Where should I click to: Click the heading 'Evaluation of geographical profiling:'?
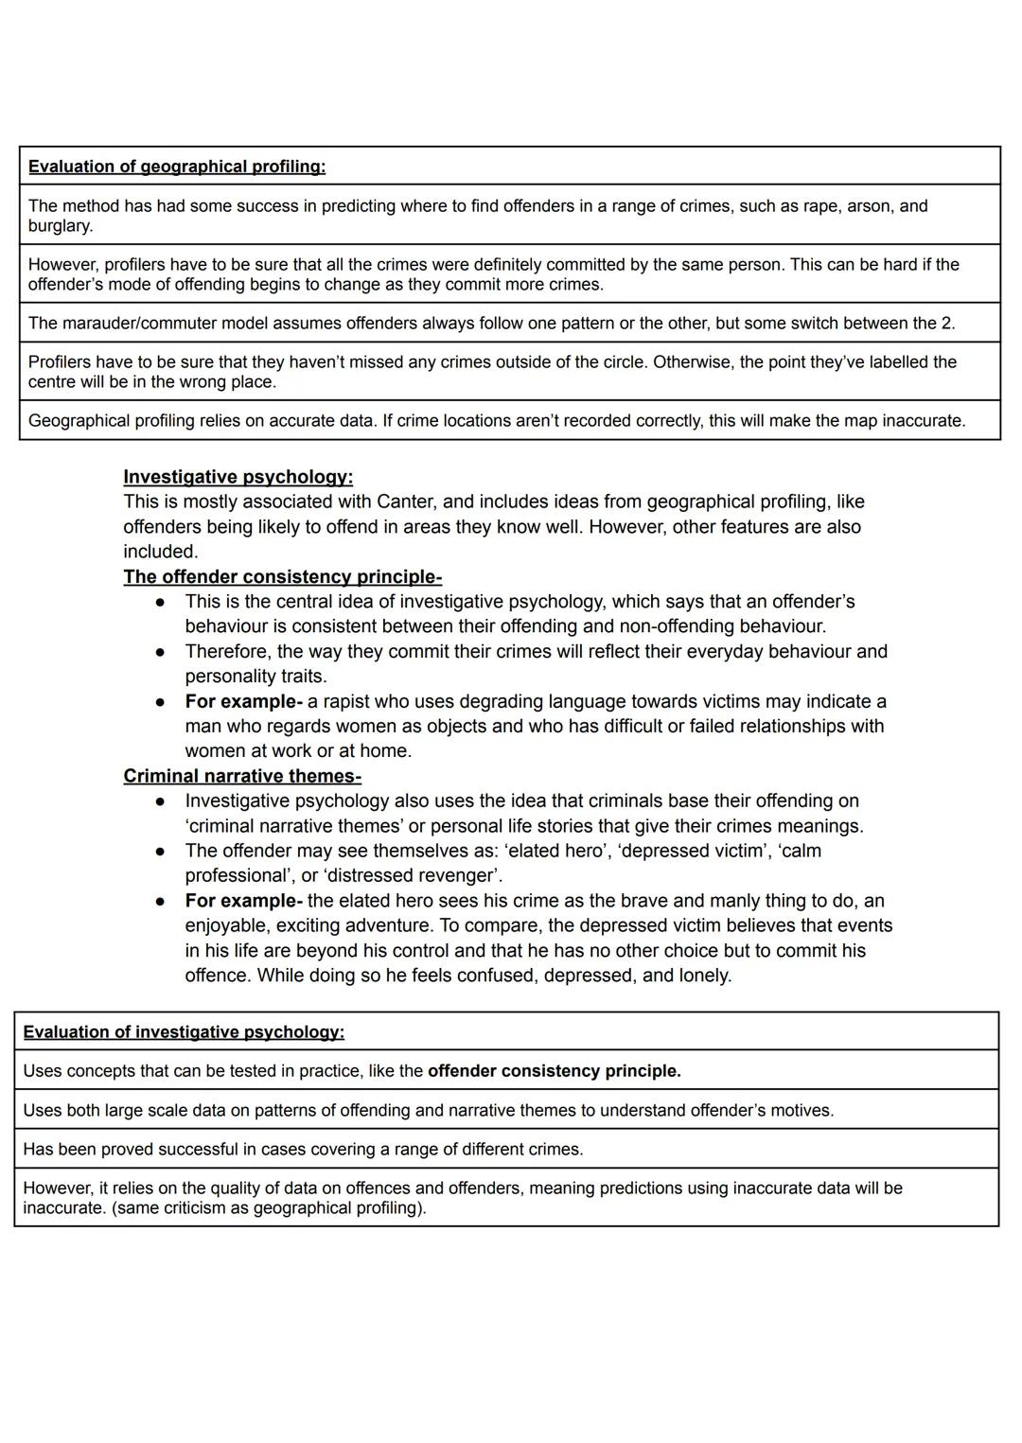[177, 167]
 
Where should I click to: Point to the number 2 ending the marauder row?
[946, 324]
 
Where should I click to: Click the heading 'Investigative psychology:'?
[238, 477]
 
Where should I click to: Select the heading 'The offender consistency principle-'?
[282, 577]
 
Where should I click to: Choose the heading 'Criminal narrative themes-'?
[242, 777]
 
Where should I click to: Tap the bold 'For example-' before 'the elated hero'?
[243, 901]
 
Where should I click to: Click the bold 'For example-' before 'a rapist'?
[243, 702]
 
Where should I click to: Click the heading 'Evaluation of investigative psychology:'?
[184, 1032]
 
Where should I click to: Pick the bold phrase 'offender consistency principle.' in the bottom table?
[554, 1071]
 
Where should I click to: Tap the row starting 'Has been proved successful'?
[303, 1150]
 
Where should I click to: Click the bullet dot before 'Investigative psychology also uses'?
[162, 801]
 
